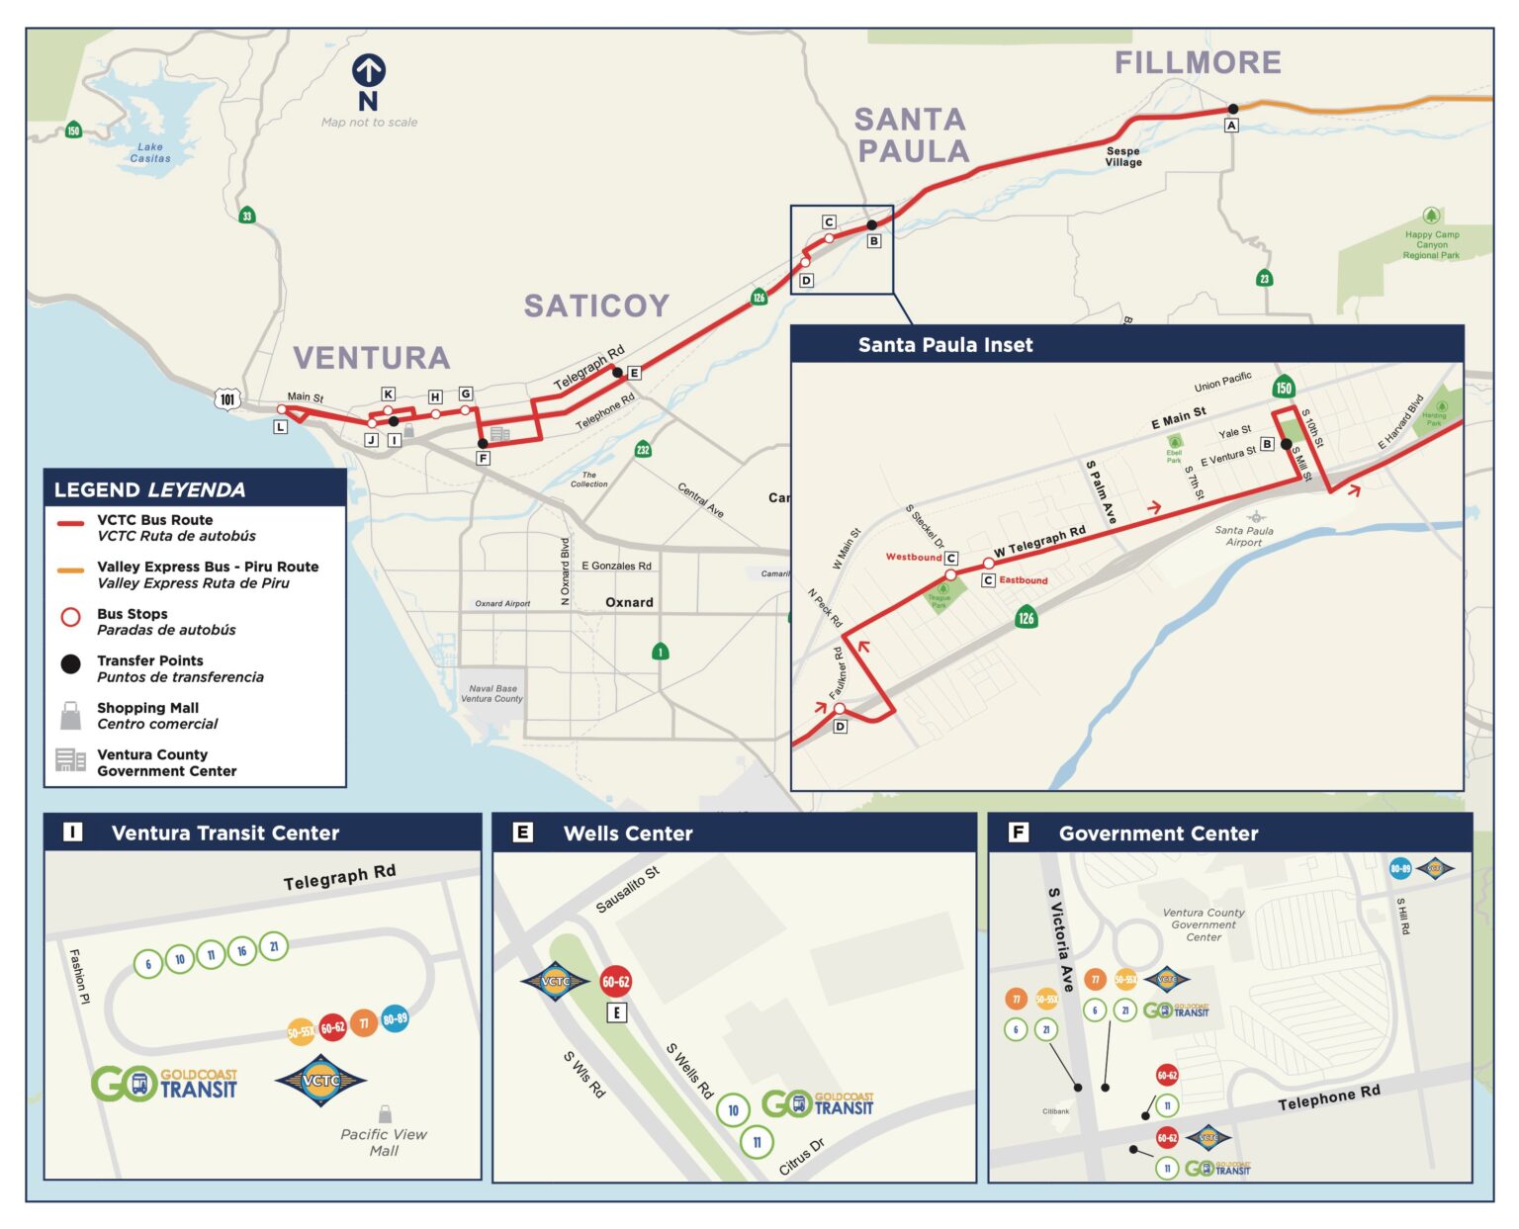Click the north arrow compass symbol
[368, 71]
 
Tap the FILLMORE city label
[1197, 62]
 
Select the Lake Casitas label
[150, 152]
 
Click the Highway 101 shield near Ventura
[227, 399]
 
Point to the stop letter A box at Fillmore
[1231, 126]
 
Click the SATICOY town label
[596, 306]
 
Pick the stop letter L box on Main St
[281, 427]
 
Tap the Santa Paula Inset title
[944, 345]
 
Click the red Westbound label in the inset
[913, 557]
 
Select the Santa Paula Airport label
[1244, 535]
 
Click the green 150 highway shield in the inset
[1284, 388]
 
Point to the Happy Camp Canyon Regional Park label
[1431, 244]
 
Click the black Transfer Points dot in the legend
[70, 664]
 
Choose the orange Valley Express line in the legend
[70, 571]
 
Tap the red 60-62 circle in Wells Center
[615, 982]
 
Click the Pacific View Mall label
[384, 1142]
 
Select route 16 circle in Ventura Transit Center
[242, 951]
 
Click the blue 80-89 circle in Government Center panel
[1400, 869]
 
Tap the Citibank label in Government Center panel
[1055, 1111]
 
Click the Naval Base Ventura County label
[491, 693]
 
